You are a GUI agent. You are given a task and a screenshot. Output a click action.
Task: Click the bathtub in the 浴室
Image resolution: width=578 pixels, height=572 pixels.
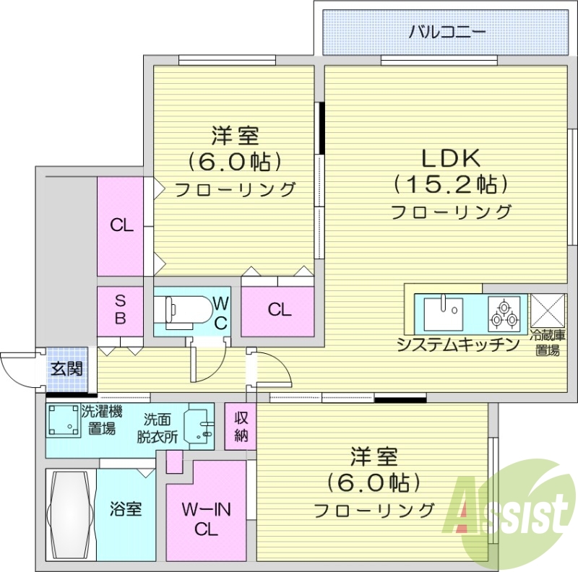pos(69,515)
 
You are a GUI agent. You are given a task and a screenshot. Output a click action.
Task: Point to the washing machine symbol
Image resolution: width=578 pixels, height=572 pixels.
pos(64,420)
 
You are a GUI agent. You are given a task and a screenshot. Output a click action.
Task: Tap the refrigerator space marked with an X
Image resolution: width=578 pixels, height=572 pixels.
pos(548,311)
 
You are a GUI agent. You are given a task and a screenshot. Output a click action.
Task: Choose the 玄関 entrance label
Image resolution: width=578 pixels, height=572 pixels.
pos(66,368)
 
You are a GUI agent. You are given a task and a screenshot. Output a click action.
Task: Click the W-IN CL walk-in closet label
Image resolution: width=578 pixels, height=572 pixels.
pos(205,519)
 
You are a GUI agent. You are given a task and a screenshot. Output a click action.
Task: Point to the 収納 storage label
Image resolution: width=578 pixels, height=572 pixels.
pos(241,427)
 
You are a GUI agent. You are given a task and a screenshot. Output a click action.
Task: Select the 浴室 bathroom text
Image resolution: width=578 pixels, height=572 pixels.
pos(126,509)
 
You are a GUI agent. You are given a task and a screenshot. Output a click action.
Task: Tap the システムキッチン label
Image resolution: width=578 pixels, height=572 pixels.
pos(458,344)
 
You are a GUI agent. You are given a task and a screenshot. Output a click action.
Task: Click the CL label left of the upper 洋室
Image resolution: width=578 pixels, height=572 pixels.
pos(121,225)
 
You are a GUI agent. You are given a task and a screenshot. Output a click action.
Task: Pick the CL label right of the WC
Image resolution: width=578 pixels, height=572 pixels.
pos(279,311)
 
